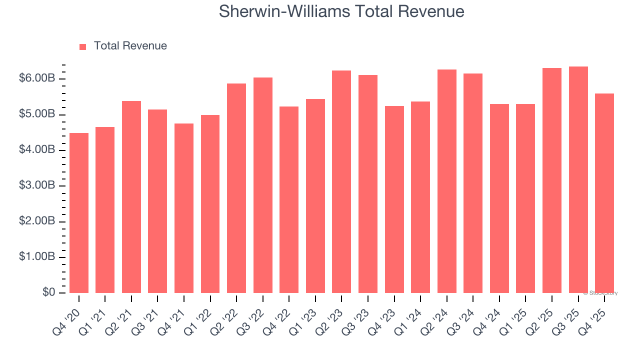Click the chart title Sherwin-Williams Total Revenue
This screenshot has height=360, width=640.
[341, 11]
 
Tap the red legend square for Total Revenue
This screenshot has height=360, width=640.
[83, 46]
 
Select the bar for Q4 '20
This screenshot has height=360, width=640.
[79, 213]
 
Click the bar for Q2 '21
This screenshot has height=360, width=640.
[131, 197]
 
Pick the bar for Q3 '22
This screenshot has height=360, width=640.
[263, 185]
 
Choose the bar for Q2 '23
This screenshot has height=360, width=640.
[341, 181]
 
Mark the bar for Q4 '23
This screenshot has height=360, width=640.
[394, 199]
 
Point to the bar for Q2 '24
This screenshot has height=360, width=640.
[447, 181]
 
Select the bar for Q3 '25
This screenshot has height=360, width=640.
[578, 179]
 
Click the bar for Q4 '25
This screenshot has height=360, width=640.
[604, 193]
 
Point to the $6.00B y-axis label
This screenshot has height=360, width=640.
[37, 78]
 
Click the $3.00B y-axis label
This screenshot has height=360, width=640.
[37, 185]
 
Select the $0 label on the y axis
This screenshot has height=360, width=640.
[48, 292]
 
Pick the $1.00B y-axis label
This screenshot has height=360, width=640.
[37, 257]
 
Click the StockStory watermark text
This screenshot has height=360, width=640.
[600, 293]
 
